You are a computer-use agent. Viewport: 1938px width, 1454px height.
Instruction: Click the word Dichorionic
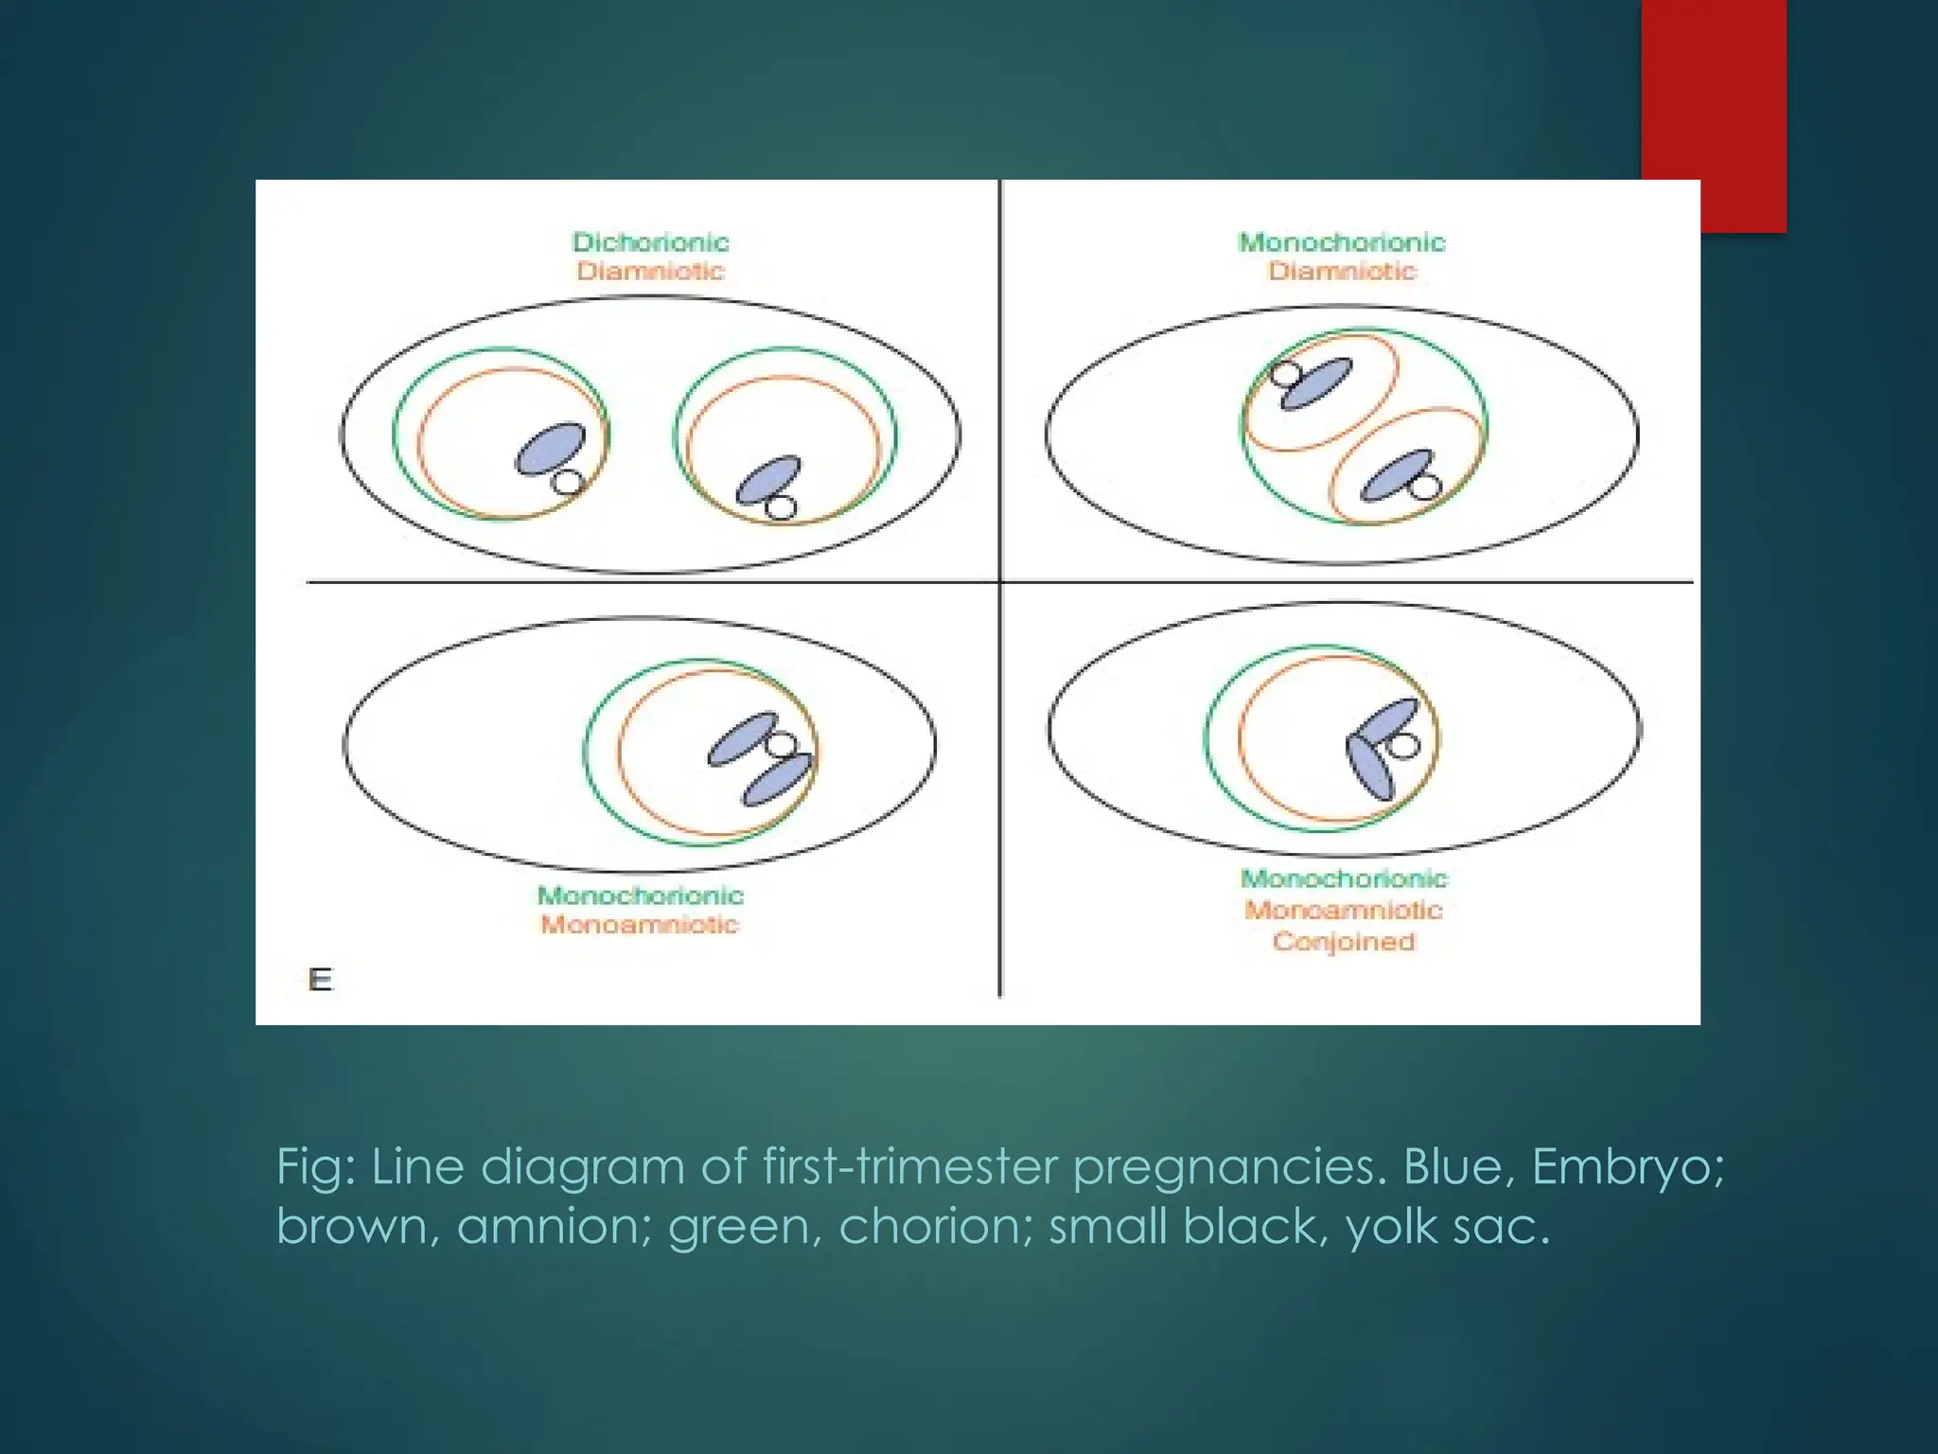[650, 242]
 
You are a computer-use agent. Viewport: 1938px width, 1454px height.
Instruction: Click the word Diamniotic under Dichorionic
[650, 272]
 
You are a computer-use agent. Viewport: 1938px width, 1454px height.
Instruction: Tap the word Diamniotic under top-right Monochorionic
[1342, 272]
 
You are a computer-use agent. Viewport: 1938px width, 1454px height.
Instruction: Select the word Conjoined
[1343, 942]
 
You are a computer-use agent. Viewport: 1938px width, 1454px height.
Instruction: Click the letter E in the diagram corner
[321, 980]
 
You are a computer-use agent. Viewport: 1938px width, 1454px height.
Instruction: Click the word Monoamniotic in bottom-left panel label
[639, 924]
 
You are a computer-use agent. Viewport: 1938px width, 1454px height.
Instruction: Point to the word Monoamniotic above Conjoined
[1343, 911]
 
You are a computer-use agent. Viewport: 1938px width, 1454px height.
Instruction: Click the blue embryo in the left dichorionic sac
[550, 448]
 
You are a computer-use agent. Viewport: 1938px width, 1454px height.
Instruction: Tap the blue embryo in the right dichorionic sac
[768, 479]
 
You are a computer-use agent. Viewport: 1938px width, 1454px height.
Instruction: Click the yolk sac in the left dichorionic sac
[567, 483]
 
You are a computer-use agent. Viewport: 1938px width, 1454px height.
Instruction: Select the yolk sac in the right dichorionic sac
[781, 507]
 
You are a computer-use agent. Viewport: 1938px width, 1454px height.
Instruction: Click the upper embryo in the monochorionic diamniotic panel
[1316, 383]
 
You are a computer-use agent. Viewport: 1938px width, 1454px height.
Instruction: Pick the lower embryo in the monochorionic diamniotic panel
[1395, 475]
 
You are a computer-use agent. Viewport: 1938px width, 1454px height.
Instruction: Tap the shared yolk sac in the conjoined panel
[1403, 746]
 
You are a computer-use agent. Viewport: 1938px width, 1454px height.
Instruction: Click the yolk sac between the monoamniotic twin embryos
[781, 744]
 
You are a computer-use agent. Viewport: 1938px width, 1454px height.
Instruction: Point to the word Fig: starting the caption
[316, 1166]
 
